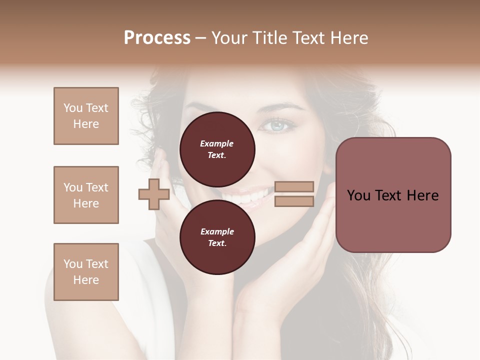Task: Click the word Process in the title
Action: coord(157,38)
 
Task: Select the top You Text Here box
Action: coord(86,116)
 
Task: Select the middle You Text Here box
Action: coord(86,195)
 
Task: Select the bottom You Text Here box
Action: coord(86,271)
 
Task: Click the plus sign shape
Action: coord(153,194)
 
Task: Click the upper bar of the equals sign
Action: coord(294,186)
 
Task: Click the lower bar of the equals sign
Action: coord(294,201)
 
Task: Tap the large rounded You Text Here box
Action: coord(393,194)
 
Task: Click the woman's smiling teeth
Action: coord(252,196)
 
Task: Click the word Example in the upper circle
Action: coord(217,143)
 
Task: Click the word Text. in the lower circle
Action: coord(217,243)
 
